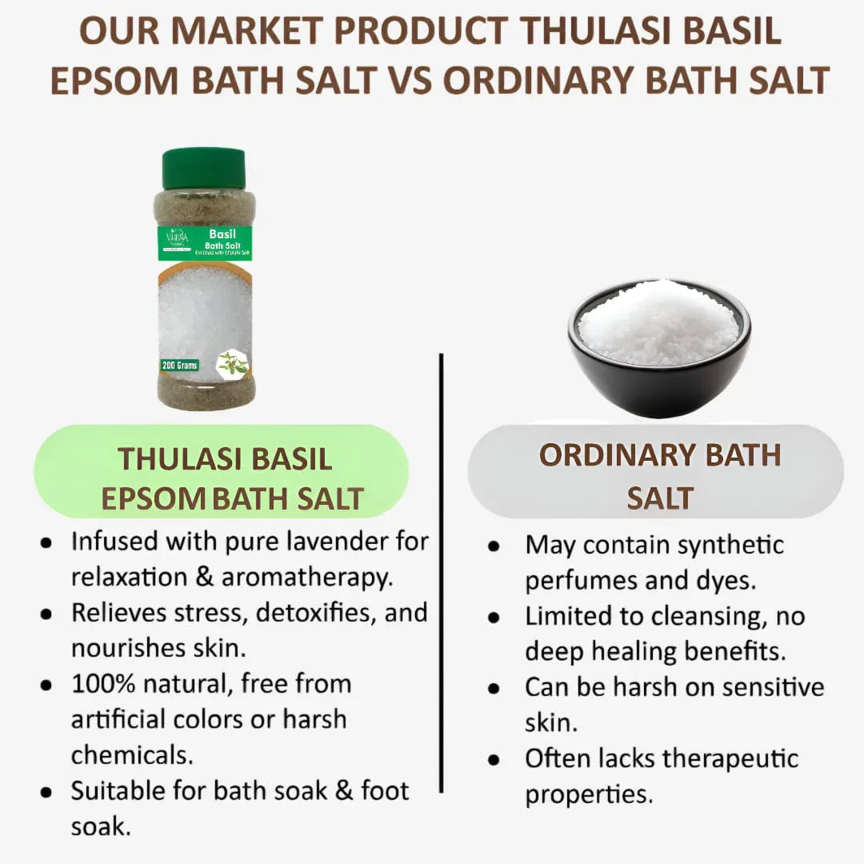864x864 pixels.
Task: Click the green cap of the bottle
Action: click(203, 168)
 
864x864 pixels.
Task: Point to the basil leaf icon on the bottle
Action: click(231, 362)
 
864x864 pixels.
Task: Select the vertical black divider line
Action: click(441, 572)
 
